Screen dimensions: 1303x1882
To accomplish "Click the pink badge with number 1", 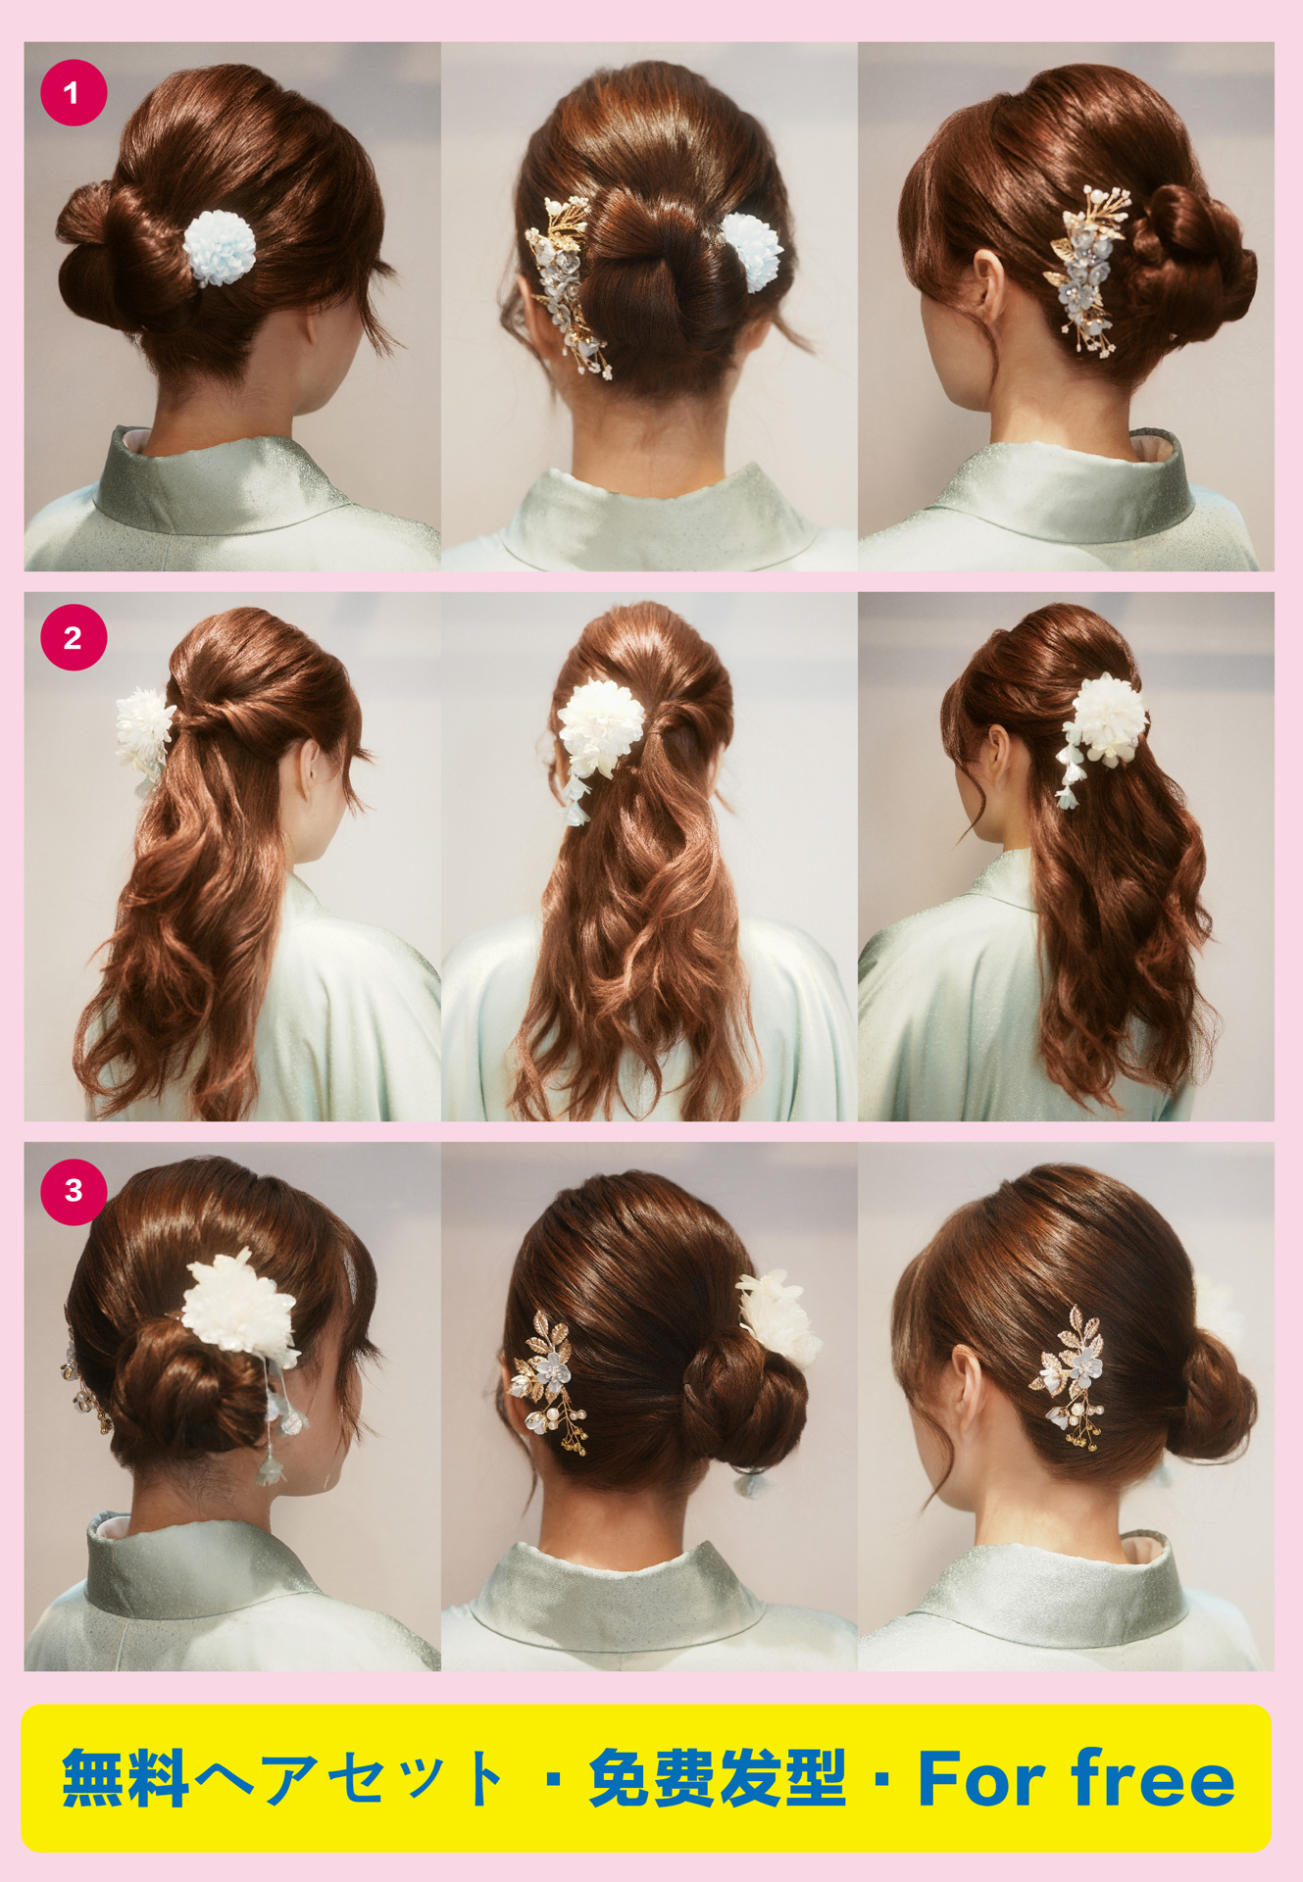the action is coord(74,93).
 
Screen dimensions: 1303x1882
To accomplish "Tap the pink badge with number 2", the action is coord(74,638).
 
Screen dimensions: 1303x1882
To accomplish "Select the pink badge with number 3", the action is coord(74,1191).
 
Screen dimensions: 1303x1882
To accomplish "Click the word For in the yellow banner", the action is coord(981,1778).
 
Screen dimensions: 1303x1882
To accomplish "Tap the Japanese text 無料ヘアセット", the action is coord(283,1778).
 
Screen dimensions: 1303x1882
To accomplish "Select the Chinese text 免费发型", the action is coord(717,1778).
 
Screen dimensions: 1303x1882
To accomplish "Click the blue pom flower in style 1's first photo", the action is coord(220,247).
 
